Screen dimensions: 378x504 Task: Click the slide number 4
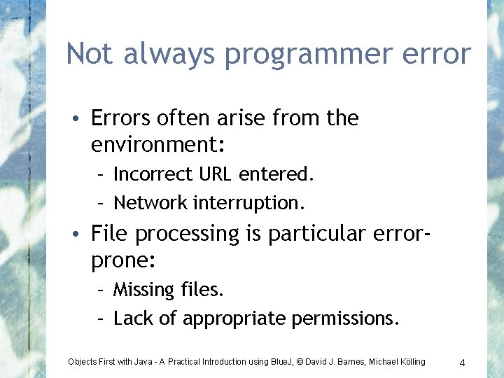tap(463, 362)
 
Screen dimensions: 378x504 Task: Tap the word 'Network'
tap(150, 203)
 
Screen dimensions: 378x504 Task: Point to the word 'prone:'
tap(123, 261)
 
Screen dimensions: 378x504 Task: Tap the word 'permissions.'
tap(345, 319)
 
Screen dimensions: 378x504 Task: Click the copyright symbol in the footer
tap(300, 362)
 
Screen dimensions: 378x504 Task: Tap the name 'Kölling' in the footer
tap(408, 362)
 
